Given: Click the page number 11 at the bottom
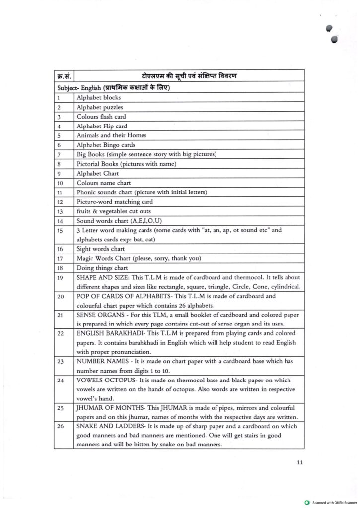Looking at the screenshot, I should coord(299,463).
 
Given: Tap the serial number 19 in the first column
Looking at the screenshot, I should coord(60,278).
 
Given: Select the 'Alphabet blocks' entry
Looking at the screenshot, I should coord(98,98).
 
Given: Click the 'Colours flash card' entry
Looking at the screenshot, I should coord(101,117).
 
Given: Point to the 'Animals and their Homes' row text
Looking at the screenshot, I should coord(111,135).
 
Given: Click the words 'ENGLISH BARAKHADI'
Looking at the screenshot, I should coord(109,333).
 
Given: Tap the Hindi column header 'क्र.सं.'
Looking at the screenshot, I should coord(64,76).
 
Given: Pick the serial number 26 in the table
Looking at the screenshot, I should coord(60,427).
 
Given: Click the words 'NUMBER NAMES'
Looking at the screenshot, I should coord(102,361).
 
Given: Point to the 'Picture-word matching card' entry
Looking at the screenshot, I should coord(115,202).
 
